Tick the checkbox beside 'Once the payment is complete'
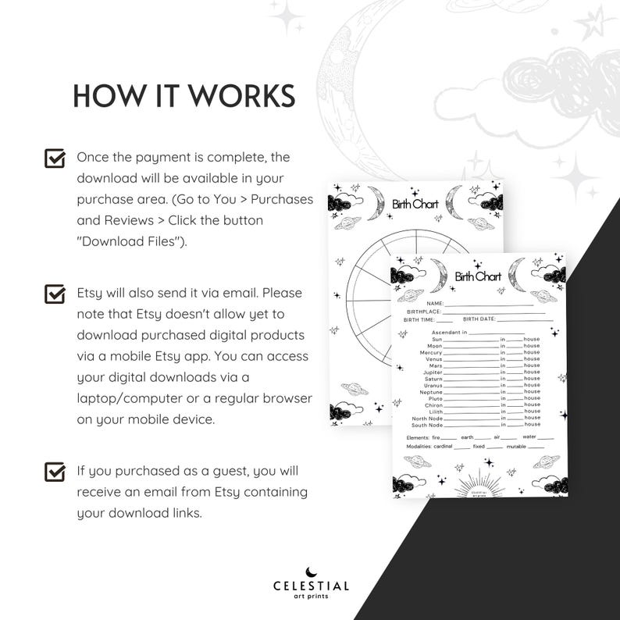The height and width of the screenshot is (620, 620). [x=55, y=159]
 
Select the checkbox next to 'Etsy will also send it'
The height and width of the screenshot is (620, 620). [x=55, y=294]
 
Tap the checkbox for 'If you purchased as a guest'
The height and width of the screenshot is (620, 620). [x=55, y=472]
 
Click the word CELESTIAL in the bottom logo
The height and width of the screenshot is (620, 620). [x=311, y=586]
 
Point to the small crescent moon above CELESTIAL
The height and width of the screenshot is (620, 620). [x=311, y=570]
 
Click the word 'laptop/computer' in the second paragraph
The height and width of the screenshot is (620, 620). [x=128, y=398]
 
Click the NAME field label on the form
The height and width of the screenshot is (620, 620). [x=435, y=303]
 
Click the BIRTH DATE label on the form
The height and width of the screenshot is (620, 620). [x=479, y=319]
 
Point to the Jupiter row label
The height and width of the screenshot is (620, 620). [x=433, y=372]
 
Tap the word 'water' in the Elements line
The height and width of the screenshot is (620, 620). [x=529, y=436]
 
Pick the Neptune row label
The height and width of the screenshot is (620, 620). [x=432, y=392]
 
